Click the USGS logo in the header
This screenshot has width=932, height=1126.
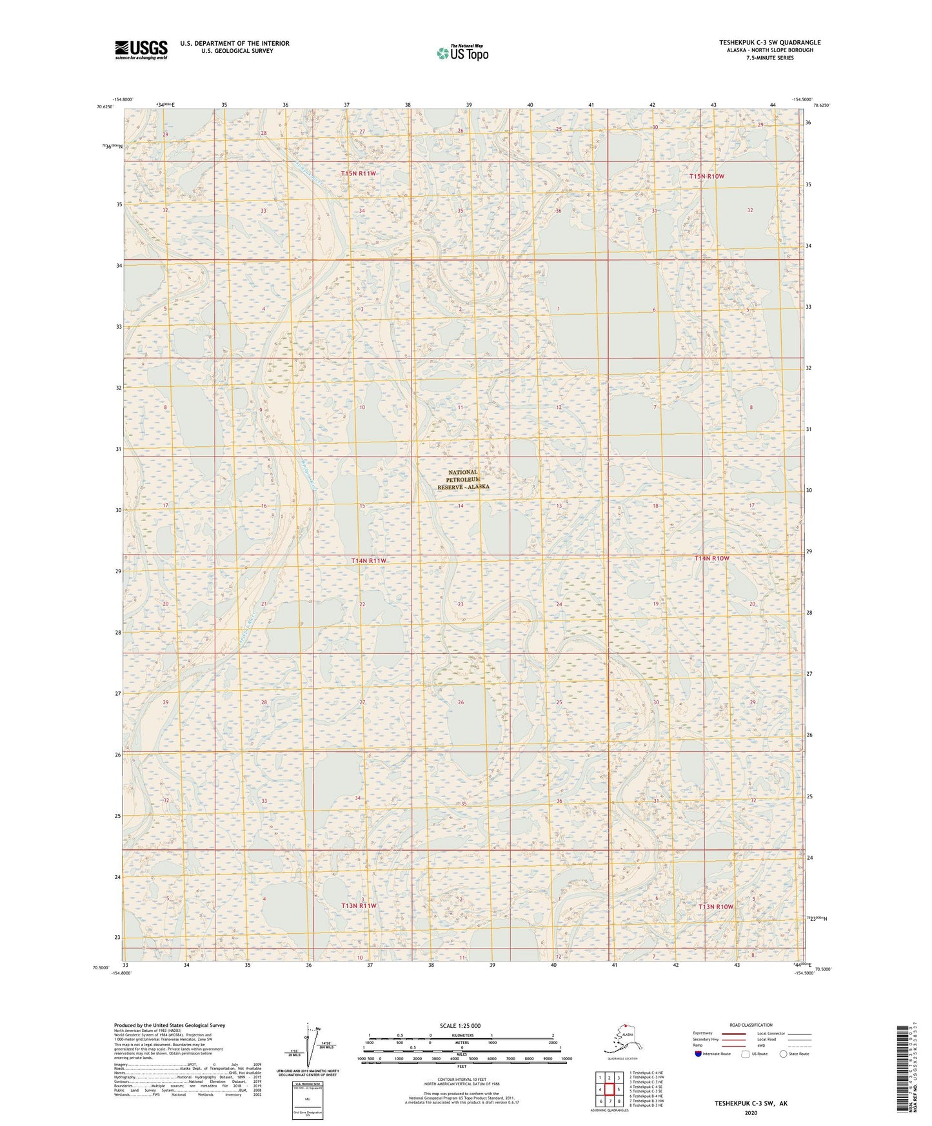(x=141, y=50)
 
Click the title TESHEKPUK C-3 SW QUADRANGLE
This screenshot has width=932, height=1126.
(x=769, y=43)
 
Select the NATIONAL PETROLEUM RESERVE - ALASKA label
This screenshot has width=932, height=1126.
(x=463, y=480)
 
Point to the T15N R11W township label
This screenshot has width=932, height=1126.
(x=358, y=173)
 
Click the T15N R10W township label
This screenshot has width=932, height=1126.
(x=707, y=176)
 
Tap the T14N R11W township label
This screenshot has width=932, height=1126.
(x=369, y=560)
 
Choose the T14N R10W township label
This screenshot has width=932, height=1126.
(x=711, y=558)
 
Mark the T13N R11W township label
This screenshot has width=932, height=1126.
(x=359, y=905)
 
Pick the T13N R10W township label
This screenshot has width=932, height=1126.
(x=716, y=906)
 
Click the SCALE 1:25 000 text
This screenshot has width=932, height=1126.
(x=460, y=1025)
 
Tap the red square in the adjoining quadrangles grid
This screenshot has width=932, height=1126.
(x=609, y=1089)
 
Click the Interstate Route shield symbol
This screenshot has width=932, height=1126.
(x=699, y=1054)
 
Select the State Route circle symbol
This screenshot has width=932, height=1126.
(x=784, y=1054)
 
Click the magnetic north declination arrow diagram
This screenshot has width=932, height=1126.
(x=308, y=1045)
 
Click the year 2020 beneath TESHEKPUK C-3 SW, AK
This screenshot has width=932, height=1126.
(x=751, y=1112)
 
